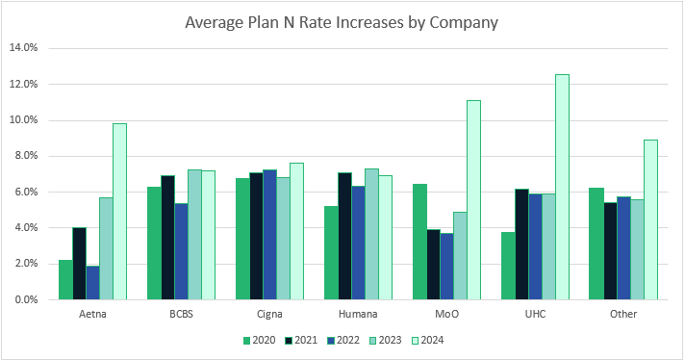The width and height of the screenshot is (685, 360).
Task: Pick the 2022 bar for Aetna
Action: point(92,283)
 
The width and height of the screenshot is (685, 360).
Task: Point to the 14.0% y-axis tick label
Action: point(22,48)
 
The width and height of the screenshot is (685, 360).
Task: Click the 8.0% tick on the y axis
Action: point(24,156)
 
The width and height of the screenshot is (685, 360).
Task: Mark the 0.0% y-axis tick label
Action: point(24,299)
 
